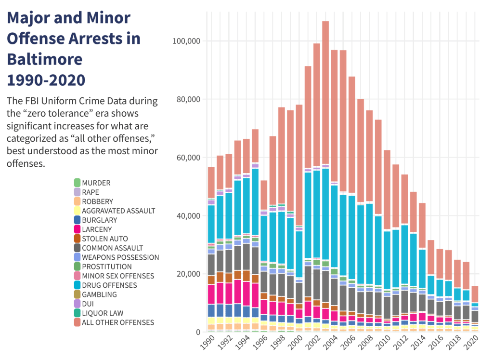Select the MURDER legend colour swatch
click(77, 183)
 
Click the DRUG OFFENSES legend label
click(109, 285)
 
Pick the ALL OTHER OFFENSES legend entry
click(118, 322)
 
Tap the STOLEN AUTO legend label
click(104, 239)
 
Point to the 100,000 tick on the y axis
click(187, 41)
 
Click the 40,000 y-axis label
click(189, 215)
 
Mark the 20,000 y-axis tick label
click(189, 274)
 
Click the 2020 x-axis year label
click(472, 344)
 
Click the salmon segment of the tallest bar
click(325, 92)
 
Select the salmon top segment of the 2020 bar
click(475, 294)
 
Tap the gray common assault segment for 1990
click(211, 265)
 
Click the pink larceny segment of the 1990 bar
click(211, 294)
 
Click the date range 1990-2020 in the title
click(46, 79)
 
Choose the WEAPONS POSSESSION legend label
click(120, 257)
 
